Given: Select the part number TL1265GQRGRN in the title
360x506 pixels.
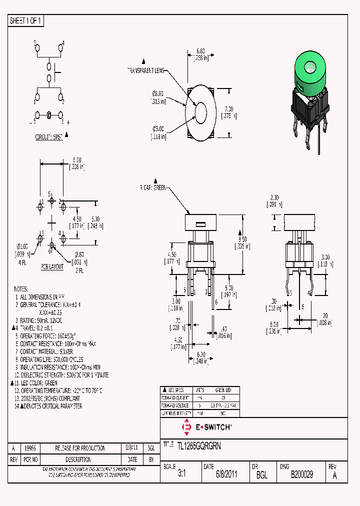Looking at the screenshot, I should click(198, 444).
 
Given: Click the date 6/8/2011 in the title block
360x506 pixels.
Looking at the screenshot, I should click(226, 475).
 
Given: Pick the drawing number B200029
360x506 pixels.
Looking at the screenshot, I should click(301, 475).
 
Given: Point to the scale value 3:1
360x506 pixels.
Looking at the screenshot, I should click(181, 475).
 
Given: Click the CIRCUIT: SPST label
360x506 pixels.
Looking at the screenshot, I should click(49, 136).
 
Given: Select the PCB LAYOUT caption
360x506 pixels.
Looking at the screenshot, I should click(52, 266).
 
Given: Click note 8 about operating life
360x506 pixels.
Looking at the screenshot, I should click(48, 359).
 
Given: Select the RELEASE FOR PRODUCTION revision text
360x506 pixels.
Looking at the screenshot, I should click(79, 448).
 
